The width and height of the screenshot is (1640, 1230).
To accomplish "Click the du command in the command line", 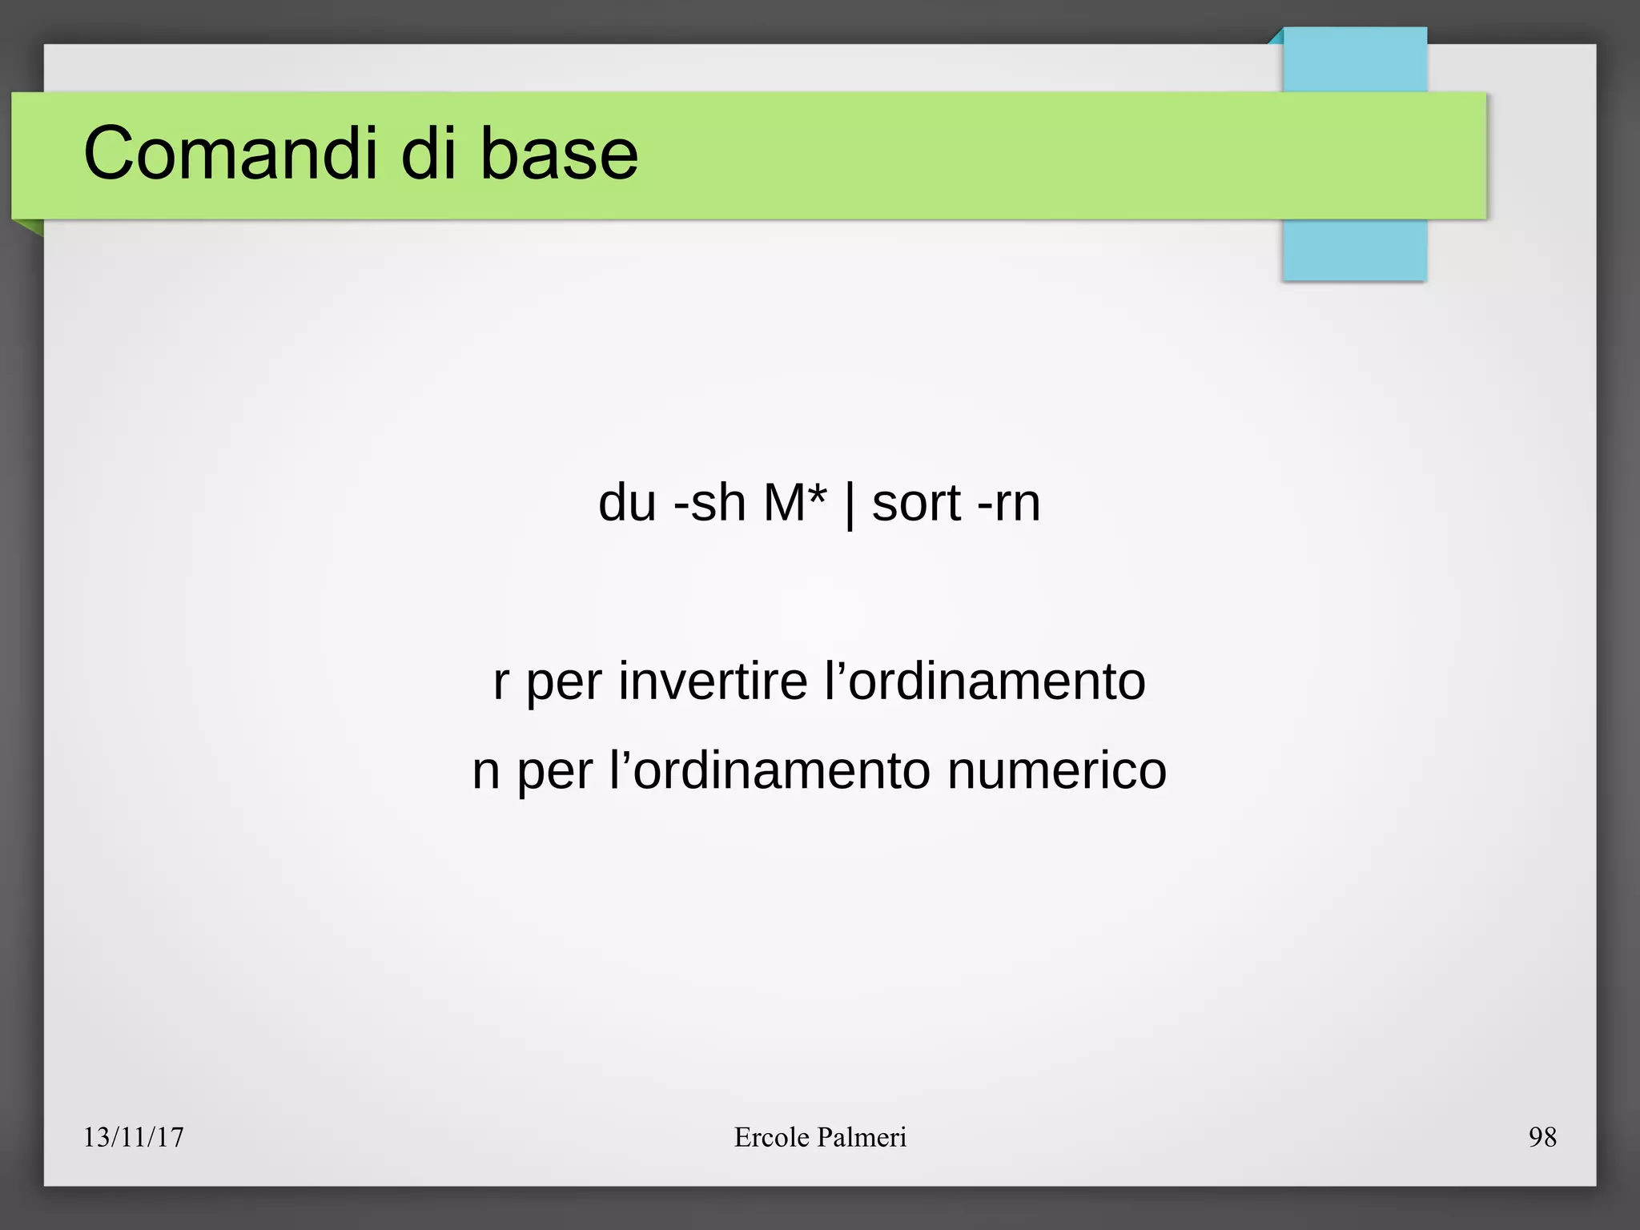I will (627, 503).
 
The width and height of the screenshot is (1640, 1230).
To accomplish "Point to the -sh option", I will (709, 503).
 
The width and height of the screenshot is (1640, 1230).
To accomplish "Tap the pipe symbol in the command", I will (849, 504).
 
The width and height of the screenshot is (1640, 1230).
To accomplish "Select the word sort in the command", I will (916, 503).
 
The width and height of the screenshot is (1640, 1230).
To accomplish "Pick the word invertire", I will (713, 681).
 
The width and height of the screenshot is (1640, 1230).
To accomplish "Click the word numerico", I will (1057, 770).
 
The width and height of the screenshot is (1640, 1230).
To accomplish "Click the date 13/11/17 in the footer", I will (134, 1137).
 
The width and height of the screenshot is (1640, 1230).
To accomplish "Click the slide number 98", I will (1542, 1137).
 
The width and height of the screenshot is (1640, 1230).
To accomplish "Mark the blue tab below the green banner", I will (1354, 250).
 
